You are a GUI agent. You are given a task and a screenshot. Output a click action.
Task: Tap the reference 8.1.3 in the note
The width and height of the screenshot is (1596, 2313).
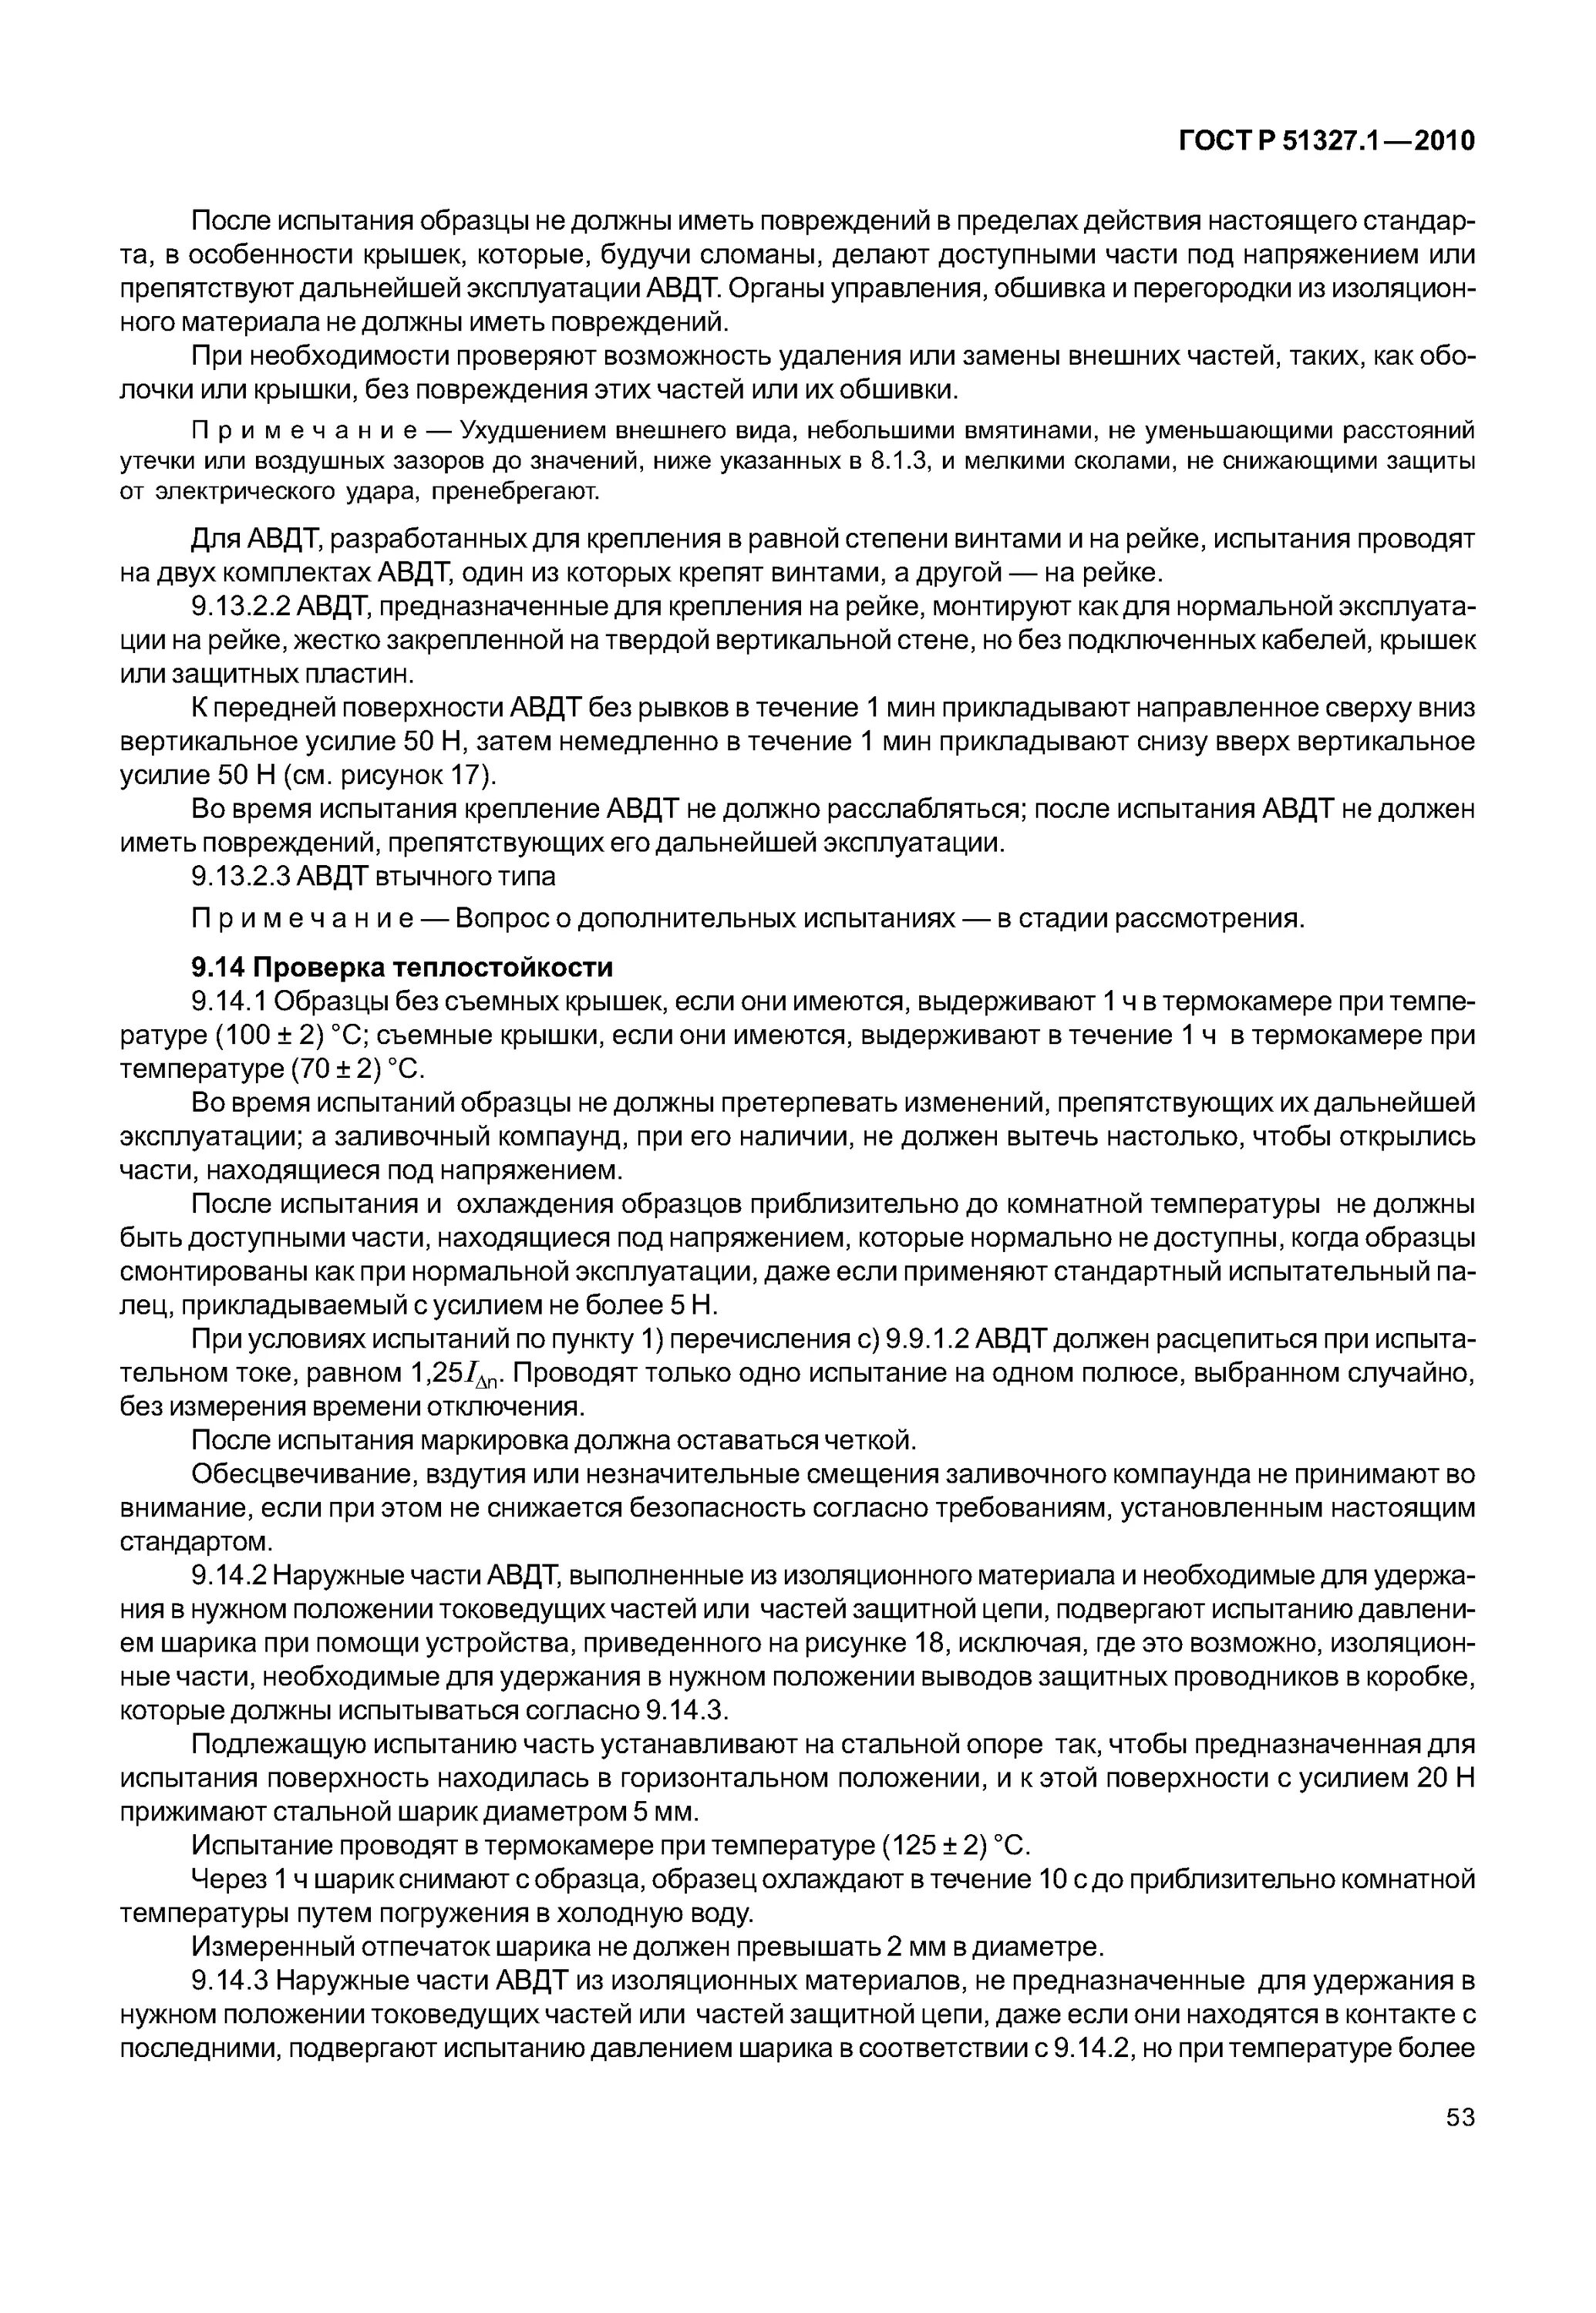[896, 461]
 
